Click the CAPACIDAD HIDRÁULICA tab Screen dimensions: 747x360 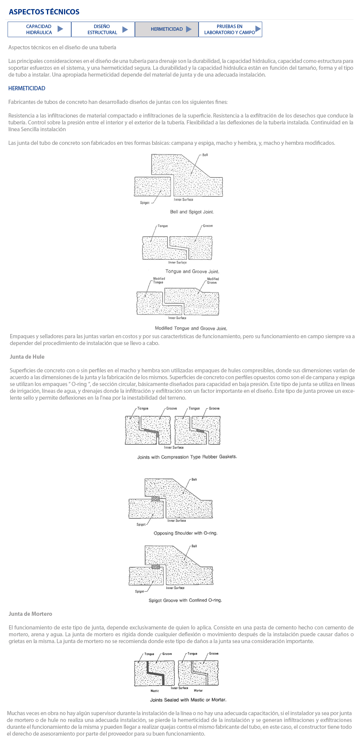coord(39,30)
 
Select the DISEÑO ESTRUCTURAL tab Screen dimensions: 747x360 coord(103,30)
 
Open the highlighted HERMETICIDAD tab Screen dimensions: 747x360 coord(166,29)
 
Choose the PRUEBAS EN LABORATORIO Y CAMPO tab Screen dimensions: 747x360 coord(230,30)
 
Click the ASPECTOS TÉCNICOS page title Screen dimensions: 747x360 coord(44,12)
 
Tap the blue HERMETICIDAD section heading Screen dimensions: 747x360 coord(27,88)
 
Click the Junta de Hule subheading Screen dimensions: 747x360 coord(27,357)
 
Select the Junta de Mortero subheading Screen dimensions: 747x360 coord(30,614)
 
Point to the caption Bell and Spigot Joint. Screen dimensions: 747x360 coord(192,212)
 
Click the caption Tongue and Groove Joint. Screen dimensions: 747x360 coord(192,271)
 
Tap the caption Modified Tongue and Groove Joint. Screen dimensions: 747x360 coord(191,328)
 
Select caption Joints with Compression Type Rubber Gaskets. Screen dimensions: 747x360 coord(187,457)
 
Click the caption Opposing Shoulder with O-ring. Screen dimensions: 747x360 coord(185,533)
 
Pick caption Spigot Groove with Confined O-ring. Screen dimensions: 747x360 coord(185,600)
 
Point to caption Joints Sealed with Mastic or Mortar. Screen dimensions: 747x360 coord(188,700)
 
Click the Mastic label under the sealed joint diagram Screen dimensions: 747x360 coord(155,691)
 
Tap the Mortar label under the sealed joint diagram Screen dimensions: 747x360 coord(198,691)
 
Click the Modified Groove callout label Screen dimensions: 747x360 coord(213,281)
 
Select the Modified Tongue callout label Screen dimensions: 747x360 coord(159,281)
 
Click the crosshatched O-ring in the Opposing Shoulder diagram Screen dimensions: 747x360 coord(155,499)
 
